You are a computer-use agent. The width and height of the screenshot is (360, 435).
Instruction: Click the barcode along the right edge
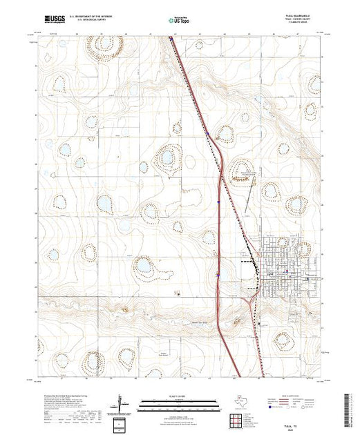(x=352, y=407)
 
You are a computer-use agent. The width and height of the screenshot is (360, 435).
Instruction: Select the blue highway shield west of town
(x=218, y=274)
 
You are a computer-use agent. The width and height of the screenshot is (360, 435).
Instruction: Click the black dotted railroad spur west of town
(x=245, y=263)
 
